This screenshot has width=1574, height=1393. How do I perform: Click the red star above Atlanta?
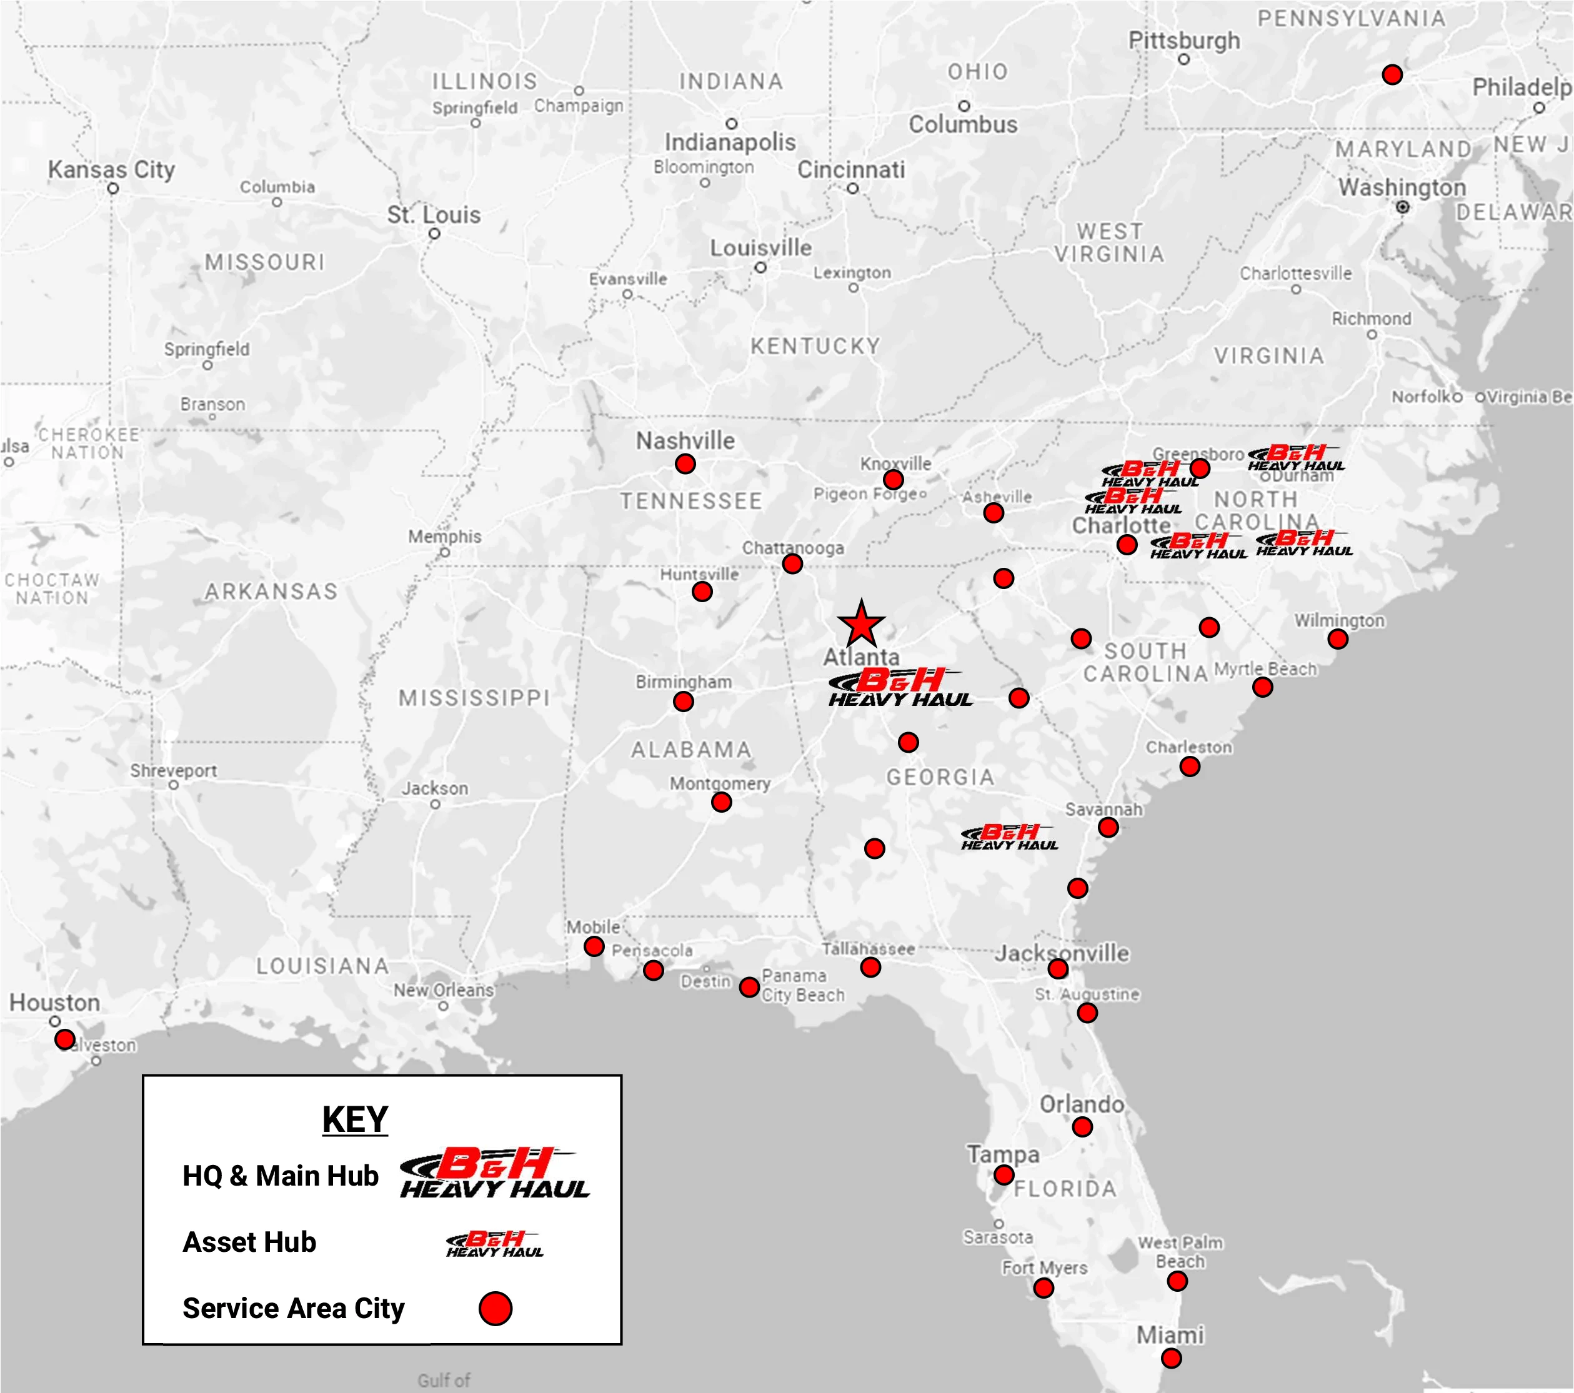pos(860,625)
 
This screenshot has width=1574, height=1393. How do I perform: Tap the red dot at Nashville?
pos(685,464)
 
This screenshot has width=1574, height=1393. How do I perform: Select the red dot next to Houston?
pos(65,1039)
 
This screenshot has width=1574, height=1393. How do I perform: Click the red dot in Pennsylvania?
pos(1392,75)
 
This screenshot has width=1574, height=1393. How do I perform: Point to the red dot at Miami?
pos(1170,1359)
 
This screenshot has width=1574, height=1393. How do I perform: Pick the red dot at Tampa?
pos(1004,1174)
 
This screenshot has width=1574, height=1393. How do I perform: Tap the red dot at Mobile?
pos(594,946)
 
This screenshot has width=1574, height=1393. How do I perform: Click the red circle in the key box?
pos(495,1308)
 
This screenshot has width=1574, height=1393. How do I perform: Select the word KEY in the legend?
pos(355,1119)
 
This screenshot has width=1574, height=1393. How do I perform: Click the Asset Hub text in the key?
pos(249,1242)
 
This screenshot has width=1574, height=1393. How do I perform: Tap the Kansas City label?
pos(112,169)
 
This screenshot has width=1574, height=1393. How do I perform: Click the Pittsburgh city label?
pos(1183,40)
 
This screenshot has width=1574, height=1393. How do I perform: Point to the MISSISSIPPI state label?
pos(474,698)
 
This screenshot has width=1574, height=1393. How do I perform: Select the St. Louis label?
pos(434,215)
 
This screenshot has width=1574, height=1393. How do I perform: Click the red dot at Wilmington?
pos(1338,638)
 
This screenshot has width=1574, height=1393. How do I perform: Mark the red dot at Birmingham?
pos(683,701)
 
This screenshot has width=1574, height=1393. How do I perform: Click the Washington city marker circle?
pos(1402,206)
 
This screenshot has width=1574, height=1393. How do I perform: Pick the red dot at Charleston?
pos(1189,766)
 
